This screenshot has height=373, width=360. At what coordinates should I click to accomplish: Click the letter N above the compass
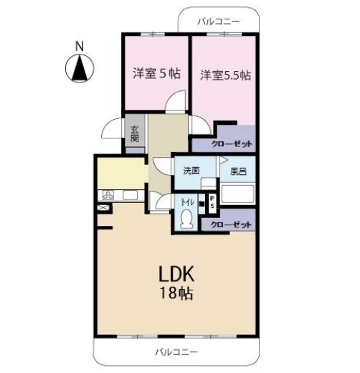80,47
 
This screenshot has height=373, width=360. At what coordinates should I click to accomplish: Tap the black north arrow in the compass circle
80,68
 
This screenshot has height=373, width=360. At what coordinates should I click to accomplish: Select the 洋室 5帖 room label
156,73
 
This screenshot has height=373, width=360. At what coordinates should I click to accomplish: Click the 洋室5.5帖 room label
225,75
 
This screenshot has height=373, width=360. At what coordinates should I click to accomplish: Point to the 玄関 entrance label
135,134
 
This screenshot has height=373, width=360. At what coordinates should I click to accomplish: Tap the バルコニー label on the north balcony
218,22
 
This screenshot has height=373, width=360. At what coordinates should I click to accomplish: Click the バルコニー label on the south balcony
176,352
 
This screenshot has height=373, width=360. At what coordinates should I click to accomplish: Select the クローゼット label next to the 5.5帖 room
232,144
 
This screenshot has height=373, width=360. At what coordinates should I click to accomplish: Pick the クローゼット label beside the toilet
231,225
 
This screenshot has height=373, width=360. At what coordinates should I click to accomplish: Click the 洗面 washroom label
191,171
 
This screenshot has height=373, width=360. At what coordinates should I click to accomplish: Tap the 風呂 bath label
238,171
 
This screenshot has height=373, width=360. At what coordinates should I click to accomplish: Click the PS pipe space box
212,202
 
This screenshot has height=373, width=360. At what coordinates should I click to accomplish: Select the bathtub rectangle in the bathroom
237,194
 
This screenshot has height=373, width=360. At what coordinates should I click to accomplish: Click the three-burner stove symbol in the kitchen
108,195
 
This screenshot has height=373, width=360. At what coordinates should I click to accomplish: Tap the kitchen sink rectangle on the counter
130,195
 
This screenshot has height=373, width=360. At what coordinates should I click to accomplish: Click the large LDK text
176,274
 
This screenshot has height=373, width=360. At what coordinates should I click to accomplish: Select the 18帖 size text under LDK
176,293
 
